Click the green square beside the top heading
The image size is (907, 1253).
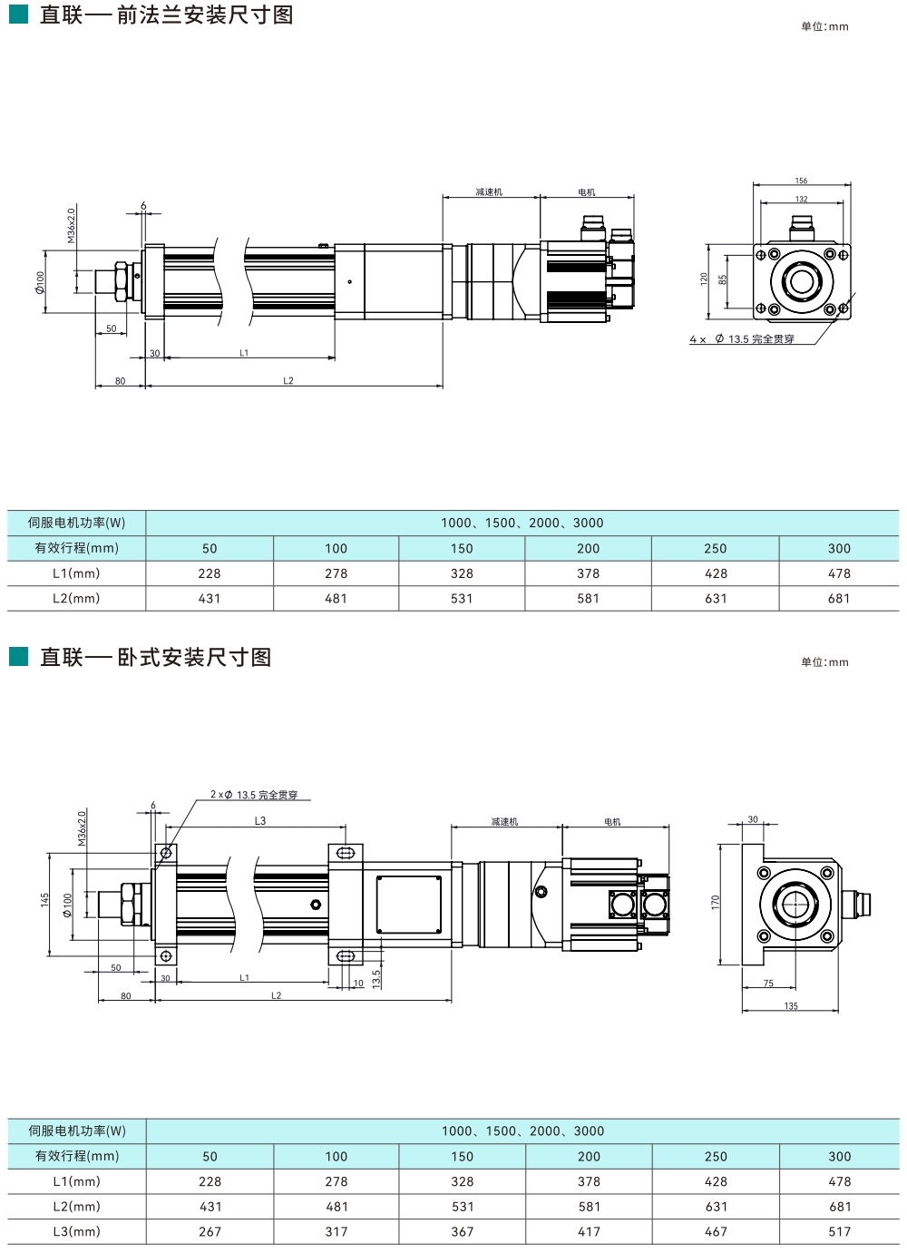pyautogui.click(x=18, y=15)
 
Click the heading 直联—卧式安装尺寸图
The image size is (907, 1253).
pyautogui.click(x=155, y=657)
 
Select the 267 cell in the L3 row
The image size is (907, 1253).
pyautogui.click(x=210, y=1231)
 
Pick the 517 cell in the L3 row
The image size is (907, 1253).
pyautogui.click(x=839, y=1231)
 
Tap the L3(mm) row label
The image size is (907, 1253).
pyautogui.click(x=77, y=1231)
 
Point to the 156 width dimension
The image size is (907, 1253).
pyautogui.click(x=801, y=181)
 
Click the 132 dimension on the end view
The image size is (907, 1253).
pyautogui.click(x=801, y=199)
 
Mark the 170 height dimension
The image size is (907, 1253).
pyautogui.click(x=715, y=902)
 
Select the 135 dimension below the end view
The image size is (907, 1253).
pyautogui.click(x=791, y=1005)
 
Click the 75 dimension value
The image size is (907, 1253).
pyautogui.click(x=768, y=984)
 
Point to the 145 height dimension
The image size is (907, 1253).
pyautogui.click(x=44, y=899)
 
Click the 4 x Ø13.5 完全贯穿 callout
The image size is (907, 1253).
pyautogui.click(x=742, y=339)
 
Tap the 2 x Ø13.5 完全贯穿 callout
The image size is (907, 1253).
pyautogui.click(x=254, y=795)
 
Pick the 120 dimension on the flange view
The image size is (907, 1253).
pyautogui.click(x=704, y=279)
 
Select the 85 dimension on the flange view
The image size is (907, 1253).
pyautogui.click(x=723, y=280)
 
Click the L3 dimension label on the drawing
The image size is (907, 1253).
pyautogui.click(x=260, y=821)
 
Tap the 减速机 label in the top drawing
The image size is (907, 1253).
pyautogui.click(x=489, y=192)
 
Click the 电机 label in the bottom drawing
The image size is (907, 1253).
pyautogui.click(x=613, y=822)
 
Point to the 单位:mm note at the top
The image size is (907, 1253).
pyautogui.click(x=824, y=26)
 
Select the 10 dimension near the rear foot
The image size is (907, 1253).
pyautogui.click(x=358, y=984)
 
